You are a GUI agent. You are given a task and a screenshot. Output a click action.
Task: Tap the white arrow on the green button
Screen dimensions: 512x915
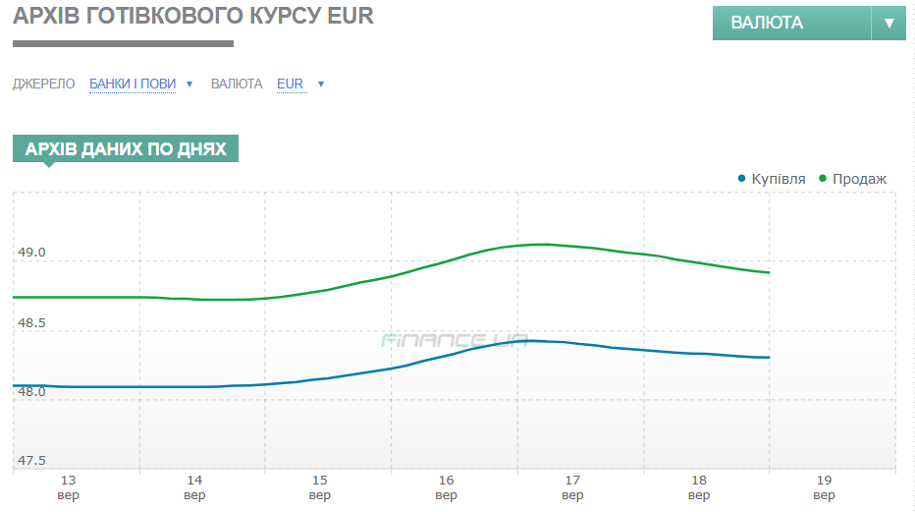[888, 23]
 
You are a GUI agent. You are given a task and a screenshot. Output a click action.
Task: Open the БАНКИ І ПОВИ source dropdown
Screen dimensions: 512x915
[133, 85]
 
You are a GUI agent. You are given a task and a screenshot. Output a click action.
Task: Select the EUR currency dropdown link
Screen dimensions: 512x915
[291, 85]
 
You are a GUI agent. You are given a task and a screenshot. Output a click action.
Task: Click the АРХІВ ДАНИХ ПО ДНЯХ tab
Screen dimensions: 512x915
[126, 149]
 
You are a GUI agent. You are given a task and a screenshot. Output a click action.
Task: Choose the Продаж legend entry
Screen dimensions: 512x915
[859, 179]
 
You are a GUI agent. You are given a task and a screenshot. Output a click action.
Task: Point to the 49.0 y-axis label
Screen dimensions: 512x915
[31, 253]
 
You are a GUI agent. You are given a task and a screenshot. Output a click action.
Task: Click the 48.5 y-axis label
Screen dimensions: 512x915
[31, 322]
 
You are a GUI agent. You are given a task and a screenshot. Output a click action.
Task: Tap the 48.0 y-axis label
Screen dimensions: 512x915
[31, 391]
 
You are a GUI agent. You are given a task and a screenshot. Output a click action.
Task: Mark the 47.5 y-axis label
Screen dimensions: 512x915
[31, 460]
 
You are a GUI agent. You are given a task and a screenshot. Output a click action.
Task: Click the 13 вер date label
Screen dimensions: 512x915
[69, 487]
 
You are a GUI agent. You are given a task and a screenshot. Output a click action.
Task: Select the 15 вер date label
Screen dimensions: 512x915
[320, 487]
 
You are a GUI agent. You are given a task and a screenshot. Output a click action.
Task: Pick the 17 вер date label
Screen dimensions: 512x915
[572, 487]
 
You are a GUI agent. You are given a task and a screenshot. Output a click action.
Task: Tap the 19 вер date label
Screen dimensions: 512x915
[825, 487]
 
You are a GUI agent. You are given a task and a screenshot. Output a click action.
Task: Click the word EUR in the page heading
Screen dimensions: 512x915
[351, 17]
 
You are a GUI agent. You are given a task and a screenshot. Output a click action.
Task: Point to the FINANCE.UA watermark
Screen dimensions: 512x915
[455, 341]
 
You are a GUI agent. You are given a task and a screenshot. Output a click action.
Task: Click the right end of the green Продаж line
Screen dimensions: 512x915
[768, 272]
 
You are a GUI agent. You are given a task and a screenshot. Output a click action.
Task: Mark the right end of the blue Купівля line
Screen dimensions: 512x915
[768, 358]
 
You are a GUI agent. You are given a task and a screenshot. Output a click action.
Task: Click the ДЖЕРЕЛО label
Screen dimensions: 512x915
[44, 85]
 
